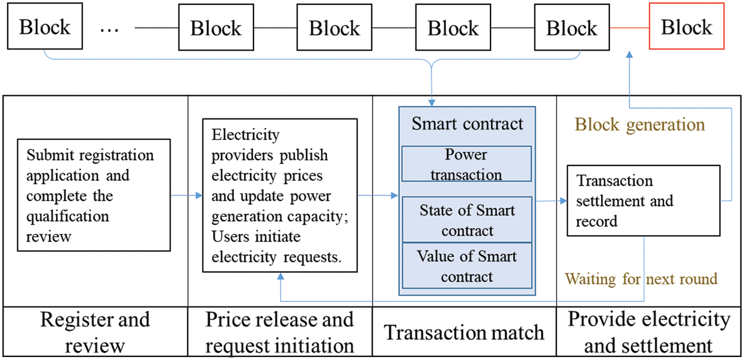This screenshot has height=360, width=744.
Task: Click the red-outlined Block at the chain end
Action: (686, 28)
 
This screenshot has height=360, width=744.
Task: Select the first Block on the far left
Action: (45, 27)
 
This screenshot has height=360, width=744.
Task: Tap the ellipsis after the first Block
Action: (110, 29)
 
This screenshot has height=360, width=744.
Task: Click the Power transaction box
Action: (467, 164)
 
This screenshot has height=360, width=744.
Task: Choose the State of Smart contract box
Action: (467, 220)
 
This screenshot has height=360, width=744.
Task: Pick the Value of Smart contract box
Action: (467, 266)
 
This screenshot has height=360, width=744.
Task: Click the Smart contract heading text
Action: (467, 124)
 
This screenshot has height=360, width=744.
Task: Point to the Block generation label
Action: (639, 124)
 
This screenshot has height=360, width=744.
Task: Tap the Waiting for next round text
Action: (641, 278)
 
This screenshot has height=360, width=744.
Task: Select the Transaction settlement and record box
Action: (643, 201)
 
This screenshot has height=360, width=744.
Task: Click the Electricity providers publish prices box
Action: (280, 195)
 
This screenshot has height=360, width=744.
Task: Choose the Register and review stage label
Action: (95, 332)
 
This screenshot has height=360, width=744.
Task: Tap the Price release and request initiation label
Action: (280, 332)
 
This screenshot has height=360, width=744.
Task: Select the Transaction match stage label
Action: (464, 332)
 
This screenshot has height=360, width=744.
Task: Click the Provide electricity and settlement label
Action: (648, 332)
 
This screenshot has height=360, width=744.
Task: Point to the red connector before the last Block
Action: (629, 28)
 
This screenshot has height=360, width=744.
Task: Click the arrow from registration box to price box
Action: (186, 195)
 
